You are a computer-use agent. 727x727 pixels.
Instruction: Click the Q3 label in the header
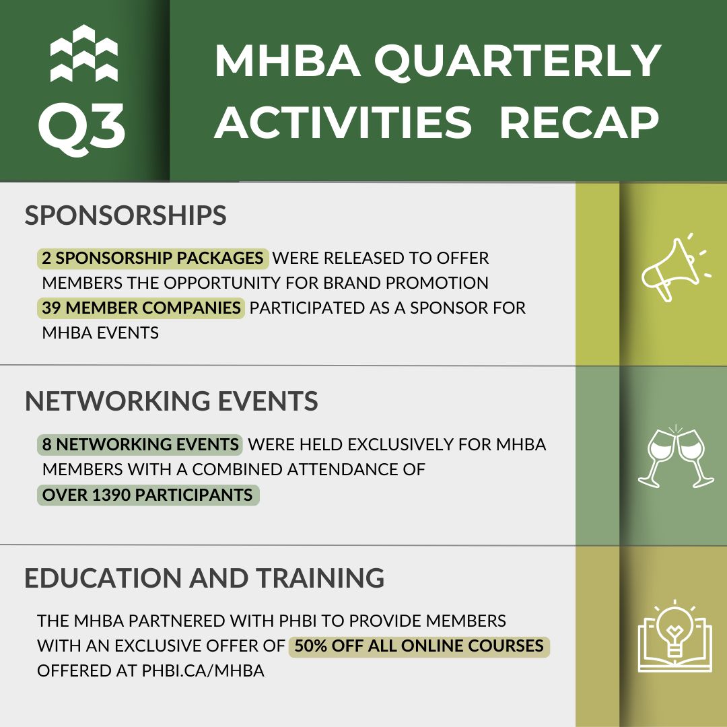tap(82, 125)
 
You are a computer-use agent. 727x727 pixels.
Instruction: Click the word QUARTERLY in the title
tap(518, 62)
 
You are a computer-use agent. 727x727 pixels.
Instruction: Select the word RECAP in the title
tap(579, 123)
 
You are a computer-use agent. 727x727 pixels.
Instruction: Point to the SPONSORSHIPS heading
tap(126, 215)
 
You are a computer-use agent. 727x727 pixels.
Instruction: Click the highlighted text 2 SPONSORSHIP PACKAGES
tap(153, 258)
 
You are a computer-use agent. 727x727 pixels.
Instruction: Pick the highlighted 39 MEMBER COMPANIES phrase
tap(141, 308)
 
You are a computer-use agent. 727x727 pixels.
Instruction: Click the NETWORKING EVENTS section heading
tap(171, 401)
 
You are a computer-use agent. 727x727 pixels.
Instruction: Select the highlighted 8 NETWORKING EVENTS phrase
tap(140, 444)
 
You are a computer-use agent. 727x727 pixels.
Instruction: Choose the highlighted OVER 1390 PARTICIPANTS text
tap(147, 495)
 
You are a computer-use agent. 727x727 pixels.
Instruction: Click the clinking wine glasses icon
tap(676, 456)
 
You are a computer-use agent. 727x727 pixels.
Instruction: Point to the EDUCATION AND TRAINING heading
tap(205, 578)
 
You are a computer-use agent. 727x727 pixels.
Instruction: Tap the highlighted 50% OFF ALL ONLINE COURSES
tap(419, 646)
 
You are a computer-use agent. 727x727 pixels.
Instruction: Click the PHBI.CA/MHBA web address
tap(203, 670)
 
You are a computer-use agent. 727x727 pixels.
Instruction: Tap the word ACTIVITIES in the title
tap(343, 123)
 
